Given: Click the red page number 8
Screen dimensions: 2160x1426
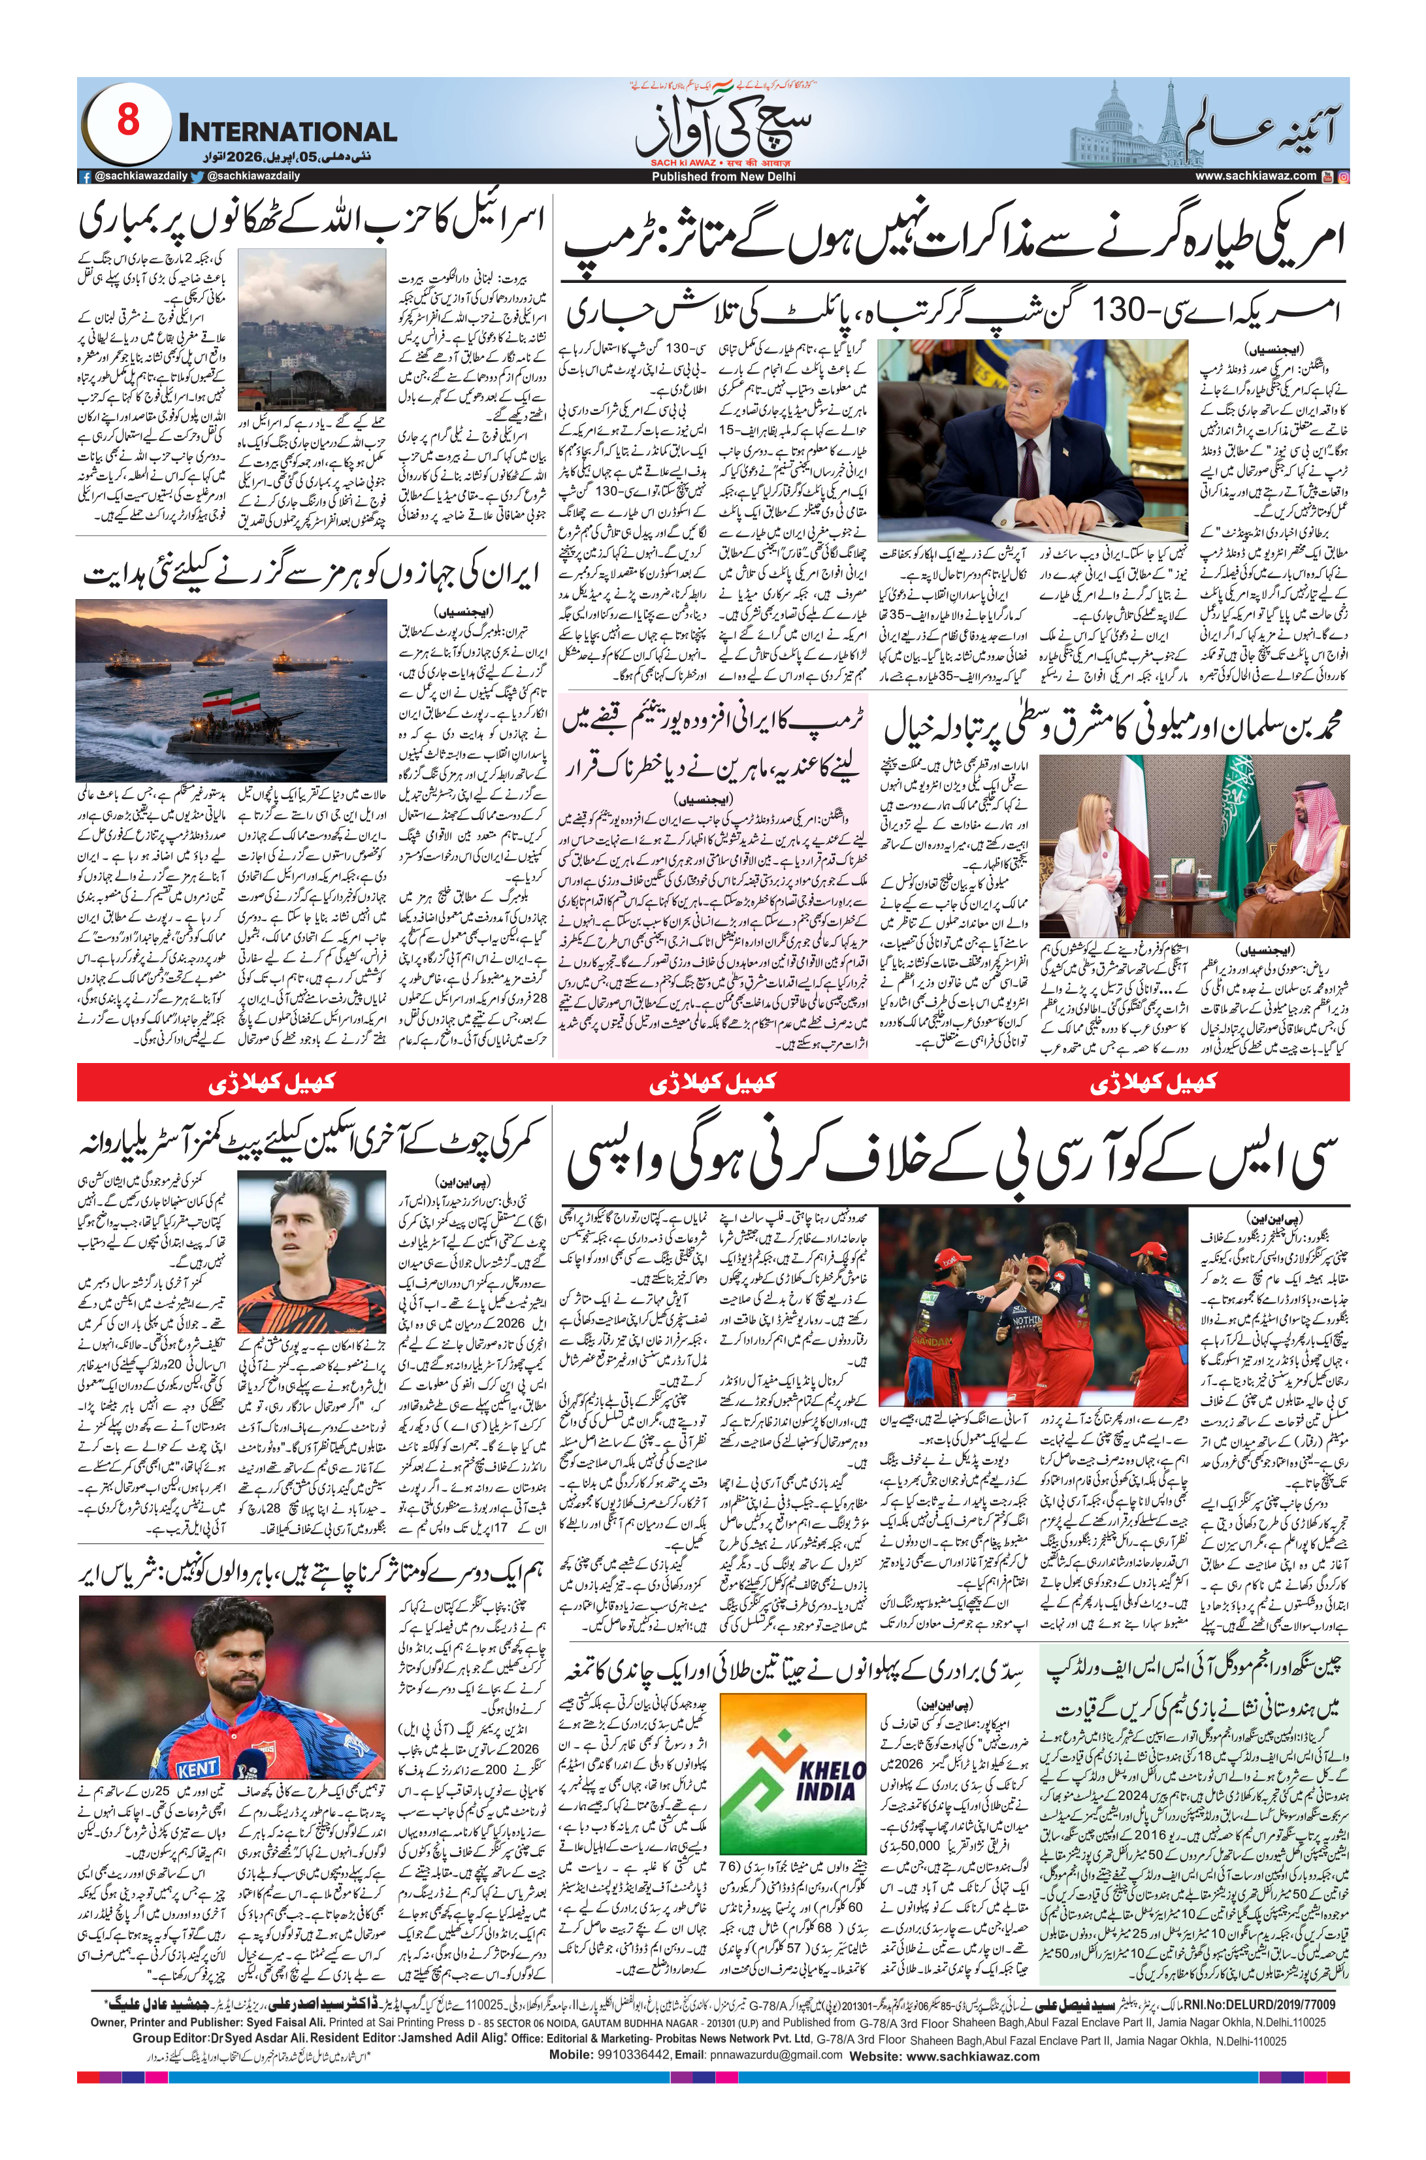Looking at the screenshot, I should point(128,120).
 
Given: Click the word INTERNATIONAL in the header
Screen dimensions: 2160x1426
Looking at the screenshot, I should point(287,132).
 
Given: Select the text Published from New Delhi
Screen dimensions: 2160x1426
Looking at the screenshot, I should point(712,176).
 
